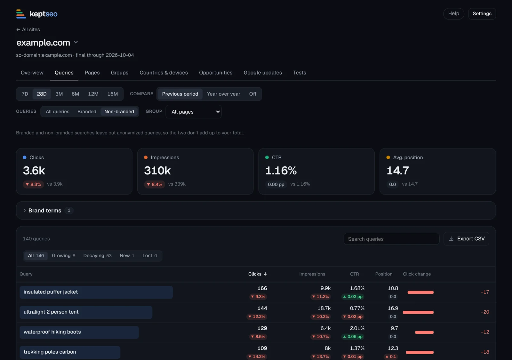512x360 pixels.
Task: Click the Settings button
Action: [x=482, y=14]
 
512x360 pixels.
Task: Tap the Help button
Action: [x=453, y=14]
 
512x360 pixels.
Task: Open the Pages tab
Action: [x=92, y=73]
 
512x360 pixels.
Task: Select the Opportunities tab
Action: [x=216, y=73]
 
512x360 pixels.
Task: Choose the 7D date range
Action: [x=25, y=94]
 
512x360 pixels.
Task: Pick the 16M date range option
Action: [x=112, y=94]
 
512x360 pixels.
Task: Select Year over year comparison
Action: [x=223, y=94]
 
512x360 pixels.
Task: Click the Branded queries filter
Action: [x=87, y=112]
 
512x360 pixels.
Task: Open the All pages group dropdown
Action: [x=193, y=112]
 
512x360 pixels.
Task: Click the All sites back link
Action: [x=28, y=29]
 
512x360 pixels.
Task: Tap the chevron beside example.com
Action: [x=76, y=42]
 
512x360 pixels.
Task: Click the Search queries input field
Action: [x=391, y=239]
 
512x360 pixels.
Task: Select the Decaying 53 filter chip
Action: [x=97, y=256]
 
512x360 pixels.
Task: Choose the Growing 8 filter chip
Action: [x=64, y=256]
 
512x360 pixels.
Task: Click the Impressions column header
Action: [x=312, y=274]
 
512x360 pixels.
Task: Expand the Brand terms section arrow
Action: [x=24, y=211]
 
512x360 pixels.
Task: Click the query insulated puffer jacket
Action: [x=51, y=292]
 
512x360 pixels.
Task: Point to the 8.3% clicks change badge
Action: [x=33, y=184]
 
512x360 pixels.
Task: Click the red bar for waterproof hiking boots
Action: [x=424, y=332]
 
